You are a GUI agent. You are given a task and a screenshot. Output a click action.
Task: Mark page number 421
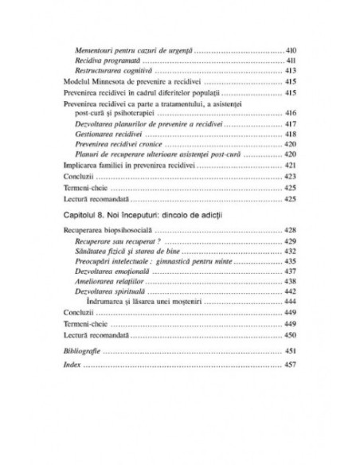(291, 165)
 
